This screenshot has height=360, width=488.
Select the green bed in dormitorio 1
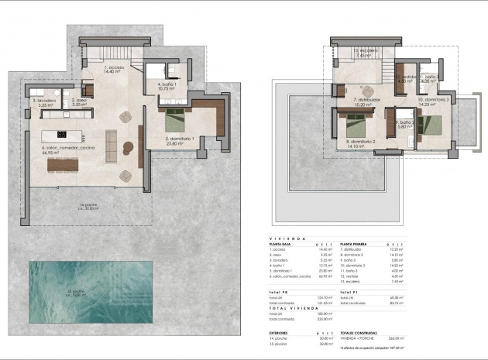click(x=174, y=119)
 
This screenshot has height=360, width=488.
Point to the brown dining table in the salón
click(x=63, y=164)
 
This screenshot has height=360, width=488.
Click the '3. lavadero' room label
click(x=44, y=102)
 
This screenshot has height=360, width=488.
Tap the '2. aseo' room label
click(x=77, y=102)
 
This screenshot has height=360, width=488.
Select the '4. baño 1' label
click(x=167, y=86)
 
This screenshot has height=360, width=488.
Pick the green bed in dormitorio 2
click(x=356, y=122)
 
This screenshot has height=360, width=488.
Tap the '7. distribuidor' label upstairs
click(x=366, y=102)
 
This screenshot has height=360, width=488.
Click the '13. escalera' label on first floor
click(x=366, y=53)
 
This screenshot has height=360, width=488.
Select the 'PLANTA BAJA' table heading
click(x=282, y=243)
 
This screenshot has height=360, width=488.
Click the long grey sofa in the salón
click(x=110, y=145)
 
